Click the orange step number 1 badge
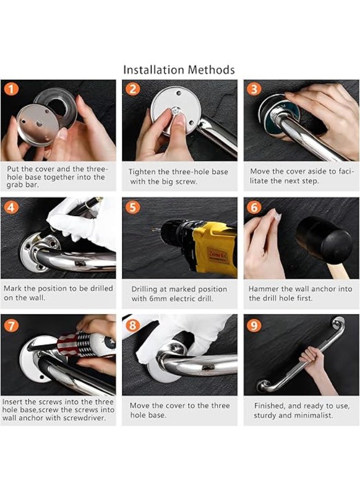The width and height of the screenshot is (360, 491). coord(11,89)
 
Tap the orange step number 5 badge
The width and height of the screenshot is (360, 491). coord(133,207)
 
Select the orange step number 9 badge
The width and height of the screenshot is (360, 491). coord(254,325)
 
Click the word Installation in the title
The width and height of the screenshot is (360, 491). coord(153,69)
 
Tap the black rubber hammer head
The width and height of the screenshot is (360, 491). coord(324,236)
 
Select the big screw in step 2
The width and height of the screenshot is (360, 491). coord(176,111)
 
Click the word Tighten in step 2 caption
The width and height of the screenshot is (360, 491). coord(142,172)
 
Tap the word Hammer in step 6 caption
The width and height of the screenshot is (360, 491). coord(262,289)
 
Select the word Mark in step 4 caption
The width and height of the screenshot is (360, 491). coord(13,288)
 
